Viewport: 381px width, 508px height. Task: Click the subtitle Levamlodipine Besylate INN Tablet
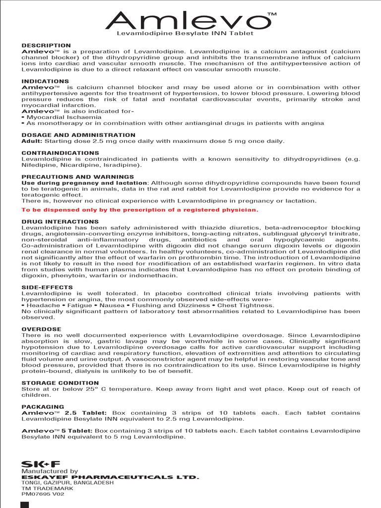pos(185,33)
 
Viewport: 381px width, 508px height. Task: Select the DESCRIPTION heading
pos(46,46)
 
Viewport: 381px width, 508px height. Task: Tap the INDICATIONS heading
pos(45,81)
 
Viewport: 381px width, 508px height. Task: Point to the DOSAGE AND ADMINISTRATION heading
pos(78,135)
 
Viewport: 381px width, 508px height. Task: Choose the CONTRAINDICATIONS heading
pos(61,153)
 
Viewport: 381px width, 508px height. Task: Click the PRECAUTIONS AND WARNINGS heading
pos(77,177)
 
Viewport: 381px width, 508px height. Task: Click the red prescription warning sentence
pos(140,210)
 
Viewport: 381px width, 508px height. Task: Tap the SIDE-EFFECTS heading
pos(47,287)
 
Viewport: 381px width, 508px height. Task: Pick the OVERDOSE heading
pos(41,329)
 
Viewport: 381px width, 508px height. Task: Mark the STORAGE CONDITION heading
pos(60,383)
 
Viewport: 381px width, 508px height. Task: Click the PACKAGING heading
pos(43,407)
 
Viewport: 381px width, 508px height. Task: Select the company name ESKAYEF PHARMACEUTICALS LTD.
pos(110,477)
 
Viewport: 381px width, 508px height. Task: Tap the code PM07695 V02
pos(43,494)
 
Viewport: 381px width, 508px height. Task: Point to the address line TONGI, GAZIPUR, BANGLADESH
pos(67,482)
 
